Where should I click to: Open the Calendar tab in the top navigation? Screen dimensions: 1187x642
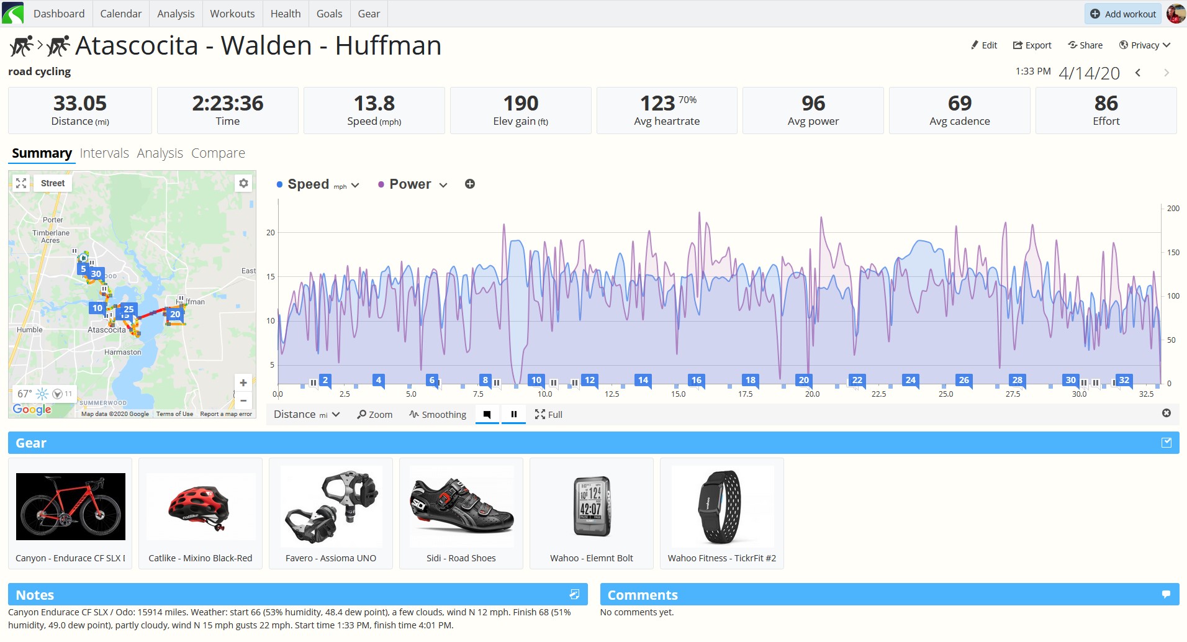tap(120, 14)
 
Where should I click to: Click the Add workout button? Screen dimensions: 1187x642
tap(1123, 14)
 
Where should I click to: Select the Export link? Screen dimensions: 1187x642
tap(1032, 45)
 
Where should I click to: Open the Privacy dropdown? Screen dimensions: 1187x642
tap(1144, 45)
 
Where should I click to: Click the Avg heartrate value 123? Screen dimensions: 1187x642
tap(657, 103)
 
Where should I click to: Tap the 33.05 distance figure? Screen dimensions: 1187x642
tap(80, 103)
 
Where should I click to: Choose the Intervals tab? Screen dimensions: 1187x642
tap(104, 153)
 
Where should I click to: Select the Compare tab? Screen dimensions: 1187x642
tap(218, 153)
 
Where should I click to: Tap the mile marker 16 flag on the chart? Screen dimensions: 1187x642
tap(697, 380)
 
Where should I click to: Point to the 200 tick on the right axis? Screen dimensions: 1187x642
tap(1173, 209)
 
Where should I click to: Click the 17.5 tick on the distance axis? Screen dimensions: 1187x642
tap(745, 394)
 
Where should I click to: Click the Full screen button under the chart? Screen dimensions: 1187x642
tap(549, 415)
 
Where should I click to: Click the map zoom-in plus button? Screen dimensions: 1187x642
tap(243, 383)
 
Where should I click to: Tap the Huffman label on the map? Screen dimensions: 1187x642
tap(194, 302)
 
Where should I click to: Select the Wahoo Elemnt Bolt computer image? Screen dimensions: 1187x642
tap(591, 506)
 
